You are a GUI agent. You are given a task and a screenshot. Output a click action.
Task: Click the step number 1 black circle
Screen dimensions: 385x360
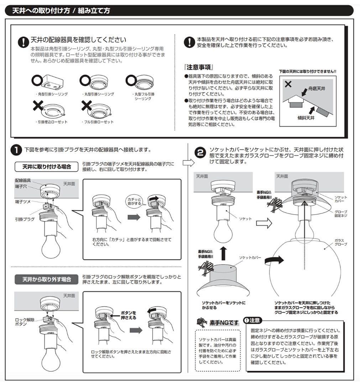point(16,150)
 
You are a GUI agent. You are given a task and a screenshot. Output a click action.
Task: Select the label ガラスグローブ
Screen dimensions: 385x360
point(340,242)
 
